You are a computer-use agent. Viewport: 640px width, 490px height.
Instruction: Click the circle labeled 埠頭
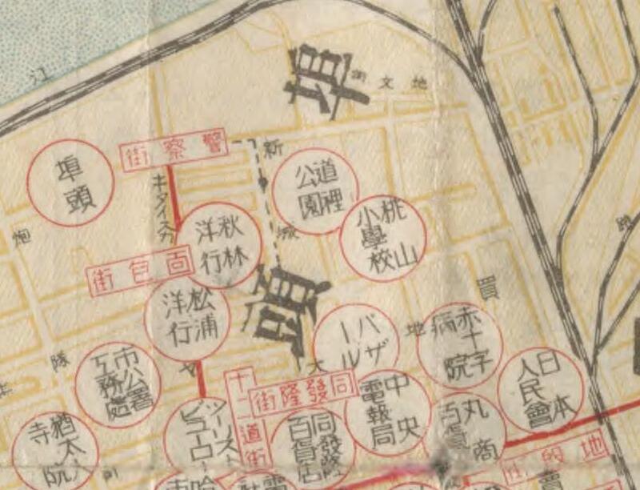[71, 183]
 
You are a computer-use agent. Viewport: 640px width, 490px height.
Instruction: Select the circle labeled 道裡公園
[313, 191]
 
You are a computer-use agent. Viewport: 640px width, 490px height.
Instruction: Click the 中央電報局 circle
[386, 413]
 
